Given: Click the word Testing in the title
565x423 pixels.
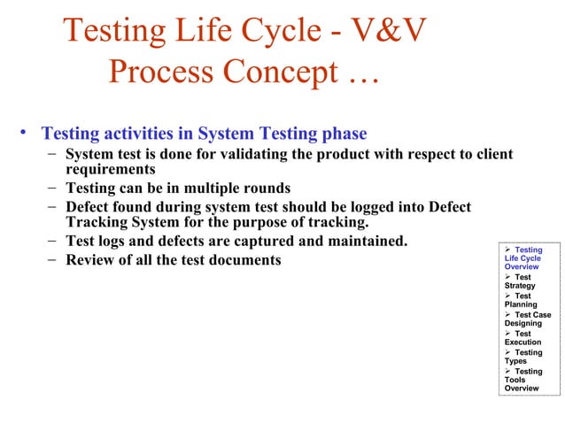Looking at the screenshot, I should [120, 33].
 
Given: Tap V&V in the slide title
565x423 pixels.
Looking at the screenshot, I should [383, 33].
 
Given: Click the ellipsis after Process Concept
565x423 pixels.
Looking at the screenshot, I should [357, 75].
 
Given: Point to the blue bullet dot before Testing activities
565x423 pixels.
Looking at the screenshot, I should [27, 135].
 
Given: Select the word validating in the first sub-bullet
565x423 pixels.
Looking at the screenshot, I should [221, 155].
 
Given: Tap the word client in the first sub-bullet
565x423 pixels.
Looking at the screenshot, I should [491, 155].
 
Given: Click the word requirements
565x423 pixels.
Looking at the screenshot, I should [111, 169].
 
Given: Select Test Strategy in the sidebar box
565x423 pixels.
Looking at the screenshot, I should [522, 281].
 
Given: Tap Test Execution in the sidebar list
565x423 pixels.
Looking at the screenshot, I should [522, 337].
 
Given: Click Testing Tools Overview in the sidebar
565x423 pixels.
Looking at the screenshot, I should [524, 380].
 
